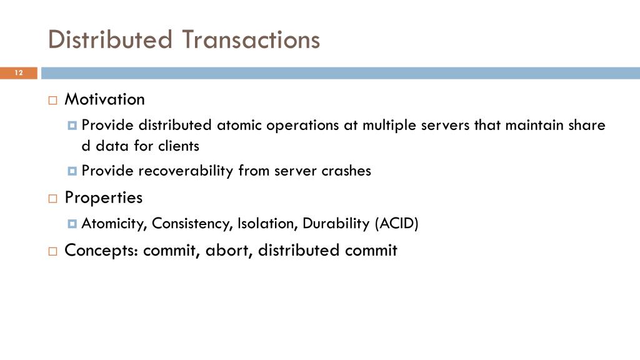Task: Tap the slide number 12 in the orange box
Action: (x=18, y=74)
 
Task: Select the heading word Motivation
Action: (x=105, y=99)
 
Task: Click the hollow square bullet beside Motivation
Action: (x=52, y=100)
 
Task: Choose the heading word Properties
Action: (x=104, y=198)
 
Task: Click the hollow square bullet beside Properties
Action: (x=52, y=199)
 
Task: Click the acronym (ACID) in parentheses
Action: (x=396, y=224)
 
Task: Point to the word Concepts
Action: (x=101, y=251)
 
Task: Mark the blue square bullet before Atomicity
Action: (x=72, y=224)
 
